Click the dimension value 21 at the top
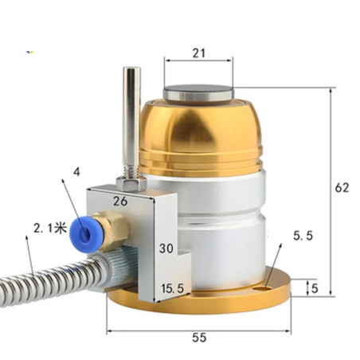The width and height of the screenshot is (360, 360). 198,53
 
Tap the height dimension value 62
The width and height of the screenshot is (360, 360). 342,188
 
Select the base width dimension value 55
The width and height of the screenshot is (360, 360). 199,338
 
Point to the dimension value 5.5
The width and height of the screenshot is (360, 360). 303,237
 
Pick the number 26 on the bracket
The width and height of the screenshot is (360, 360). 119,202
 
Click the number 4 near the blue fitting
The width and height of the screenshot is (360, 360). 76,172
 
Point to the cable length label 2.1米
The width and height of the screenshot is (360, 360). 49,229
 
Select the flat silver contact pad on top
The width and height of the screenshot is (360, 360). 199,93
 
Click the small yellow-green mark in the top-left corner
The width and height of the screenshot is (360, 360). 30,53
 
